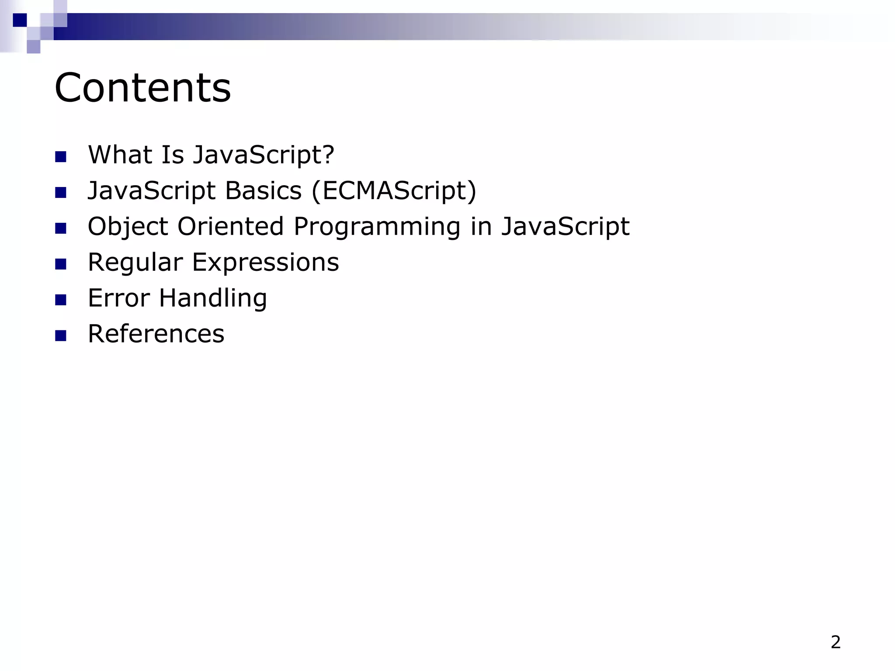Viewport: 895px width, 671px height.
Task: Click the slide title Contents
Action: coord(142,88)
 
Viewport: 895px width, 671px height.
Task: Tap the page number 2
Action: coord(836,642)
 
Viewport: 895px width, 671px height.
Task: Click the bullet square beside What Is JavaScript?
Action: coord(61,156)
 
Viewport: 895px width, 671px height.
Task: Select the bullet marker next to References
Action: coord(61,335)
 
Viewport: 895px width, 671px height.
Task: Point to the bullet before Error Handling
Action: coord(61,300)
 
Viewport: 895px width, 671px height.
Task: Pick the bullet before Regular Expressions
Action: coord(61,264)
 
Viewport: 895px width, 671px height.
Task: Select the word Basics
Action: coord(264,191)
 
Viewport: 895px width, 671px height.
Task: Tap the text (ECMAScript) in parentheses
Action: coord(394,191)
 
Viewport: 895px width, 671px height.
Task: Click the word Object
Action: coord(128,227)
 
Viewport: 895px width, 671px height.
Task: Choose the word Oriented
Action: coord(231,227)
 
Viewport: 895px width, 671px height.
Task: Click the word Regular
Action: coord(135,263)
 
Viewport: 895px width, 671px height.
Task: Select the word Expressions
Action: coord(266,263)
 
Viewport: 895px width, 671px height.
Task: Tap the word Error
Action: coord(119,298)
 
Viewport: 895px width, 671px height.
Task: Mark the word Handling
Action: coord(213,298)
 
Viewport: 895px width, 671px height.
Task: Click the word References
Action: coord(156,334)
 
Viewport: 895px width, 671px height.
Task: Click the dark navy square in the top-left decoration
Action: coord(20,20)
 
